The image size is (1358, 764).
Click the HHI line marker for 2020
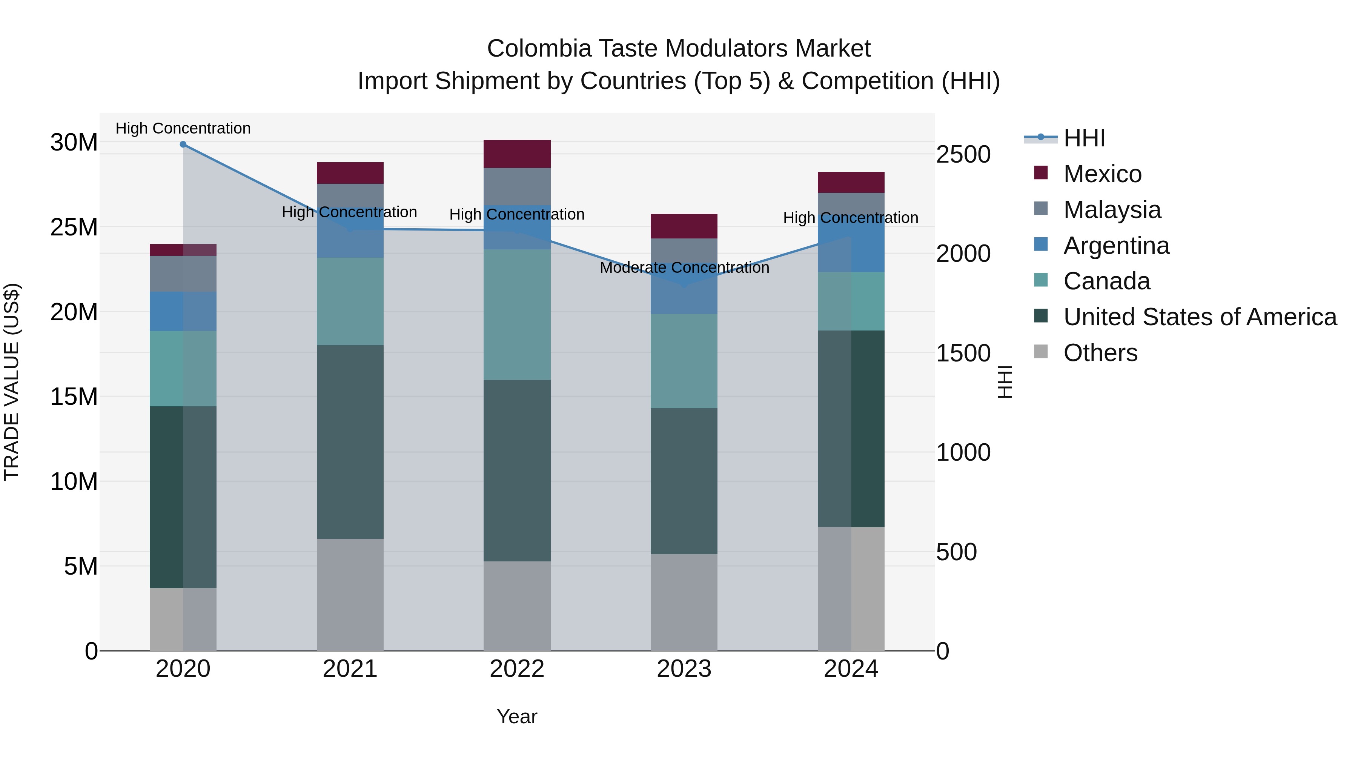click(183, 144)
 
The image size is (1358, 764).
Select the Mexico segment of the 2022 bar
click(517, 154)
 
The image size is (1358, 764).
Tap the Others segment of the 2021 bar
click(350, 594)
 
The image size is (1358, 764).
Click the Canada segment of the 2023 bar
click(684, 361)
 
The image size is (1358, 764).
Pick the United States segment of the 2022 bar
click(517, 470)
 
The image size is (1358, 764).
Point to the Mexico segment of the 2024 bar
click(851, 183)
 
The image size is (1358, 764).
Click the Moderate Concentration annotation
click(684, 268)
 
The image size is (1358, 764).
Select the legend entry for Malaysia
click(1112, 210)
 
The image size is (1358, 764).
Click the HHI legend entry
click(1083, 138)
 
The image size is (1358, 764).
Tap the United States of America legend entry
click(1199, 317)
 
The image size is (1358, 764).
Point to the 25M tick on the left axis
click(74, 227)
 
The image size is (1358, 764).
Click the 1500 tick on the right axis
click(963, 353)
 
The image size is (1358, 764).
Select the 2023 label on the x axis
click(684, 669)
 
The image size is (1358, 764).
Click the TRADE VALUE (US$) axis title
click(12, 382)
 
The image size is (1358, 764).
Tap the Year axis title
click(517, 716)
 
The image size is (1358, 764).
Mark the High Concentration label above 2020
click(183, 128)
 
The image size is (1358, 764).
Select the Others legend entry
click(1100, 353)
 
